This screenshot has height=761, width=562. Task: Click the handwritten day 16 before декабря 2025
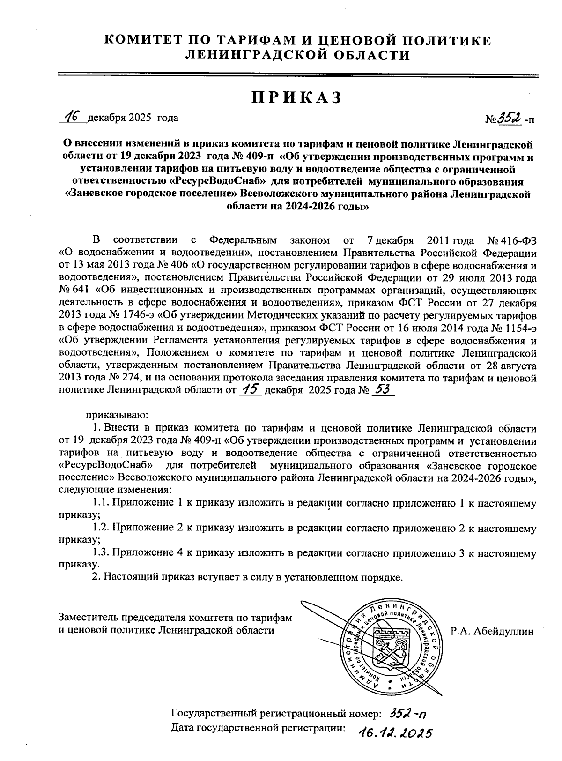[73, 117]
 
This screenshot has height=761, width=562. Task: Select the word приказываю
[117, 414]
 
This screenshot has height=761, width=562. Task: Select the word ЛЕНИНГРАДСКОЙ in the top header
[255, 56]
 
